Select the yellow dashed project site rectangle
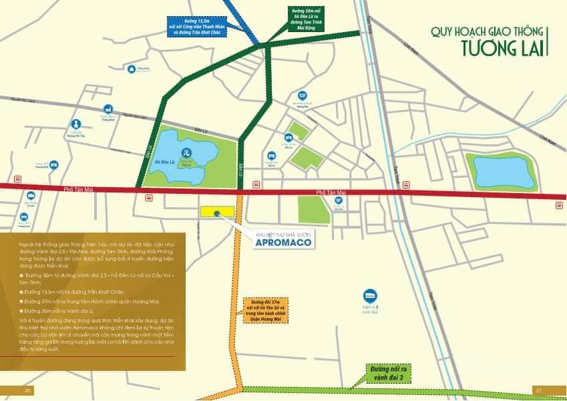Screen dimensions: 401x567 (218, 212)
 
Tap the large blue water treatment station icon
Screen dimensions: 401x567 (369, 296)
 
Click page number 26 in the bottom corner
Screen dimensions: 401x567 (28, 390)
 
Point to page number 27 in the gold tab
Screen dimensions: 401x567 (538, 390)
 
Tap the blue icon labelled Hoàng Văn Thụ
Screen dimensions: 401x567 (76, 124)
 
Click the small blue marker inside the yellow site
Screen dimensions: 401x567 (218, 213)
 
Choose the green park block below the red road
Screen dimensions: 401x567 (313, 209)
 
